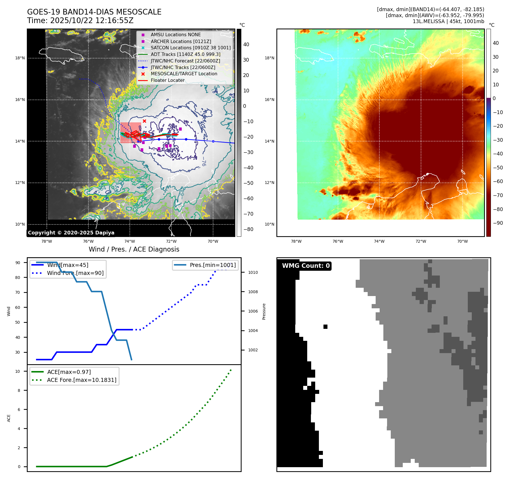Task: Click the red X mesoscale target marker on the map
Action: click(144, 121)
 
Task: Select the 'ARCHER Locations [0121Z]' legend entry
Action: click(181, 41)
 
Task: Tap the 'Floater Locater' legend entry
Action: click(167, 80)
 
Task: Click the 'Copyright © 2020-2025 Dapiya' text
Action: click(71, 233)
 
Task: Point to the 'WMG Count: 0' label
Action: click(306, 266)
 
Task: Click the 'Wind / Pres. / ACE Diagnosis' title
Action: click(134, 249)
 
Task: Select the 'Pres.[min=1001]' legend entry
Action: click(212, 265)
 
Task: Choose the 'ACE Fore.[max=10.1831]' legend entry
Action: click(82, 380)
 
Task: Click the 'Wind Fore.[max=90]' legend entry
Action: click(75, 273)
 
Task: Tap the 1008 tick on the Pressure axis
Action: click(253, 292)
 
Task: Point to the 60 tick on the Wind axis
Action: click(18, 307)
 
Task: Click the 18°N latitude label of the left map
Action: click(20, 58)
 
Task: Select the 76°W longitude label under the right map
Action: click(338, 241)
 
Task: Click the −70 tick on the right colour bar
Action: click(498, 195)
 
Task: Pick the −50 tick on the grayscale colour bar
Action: click(248, 183)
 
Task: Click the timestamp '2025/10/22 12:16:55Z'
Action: click(92, 21)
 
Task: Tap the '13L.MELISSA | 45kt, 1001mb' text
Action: click(448, 21)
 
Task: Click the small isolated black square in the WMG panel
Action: click(325, 327)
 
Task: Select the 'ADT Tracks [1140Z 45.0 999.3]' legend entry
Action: click(185, 54)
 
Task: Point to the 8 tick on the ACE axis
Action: click(19, 390)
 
